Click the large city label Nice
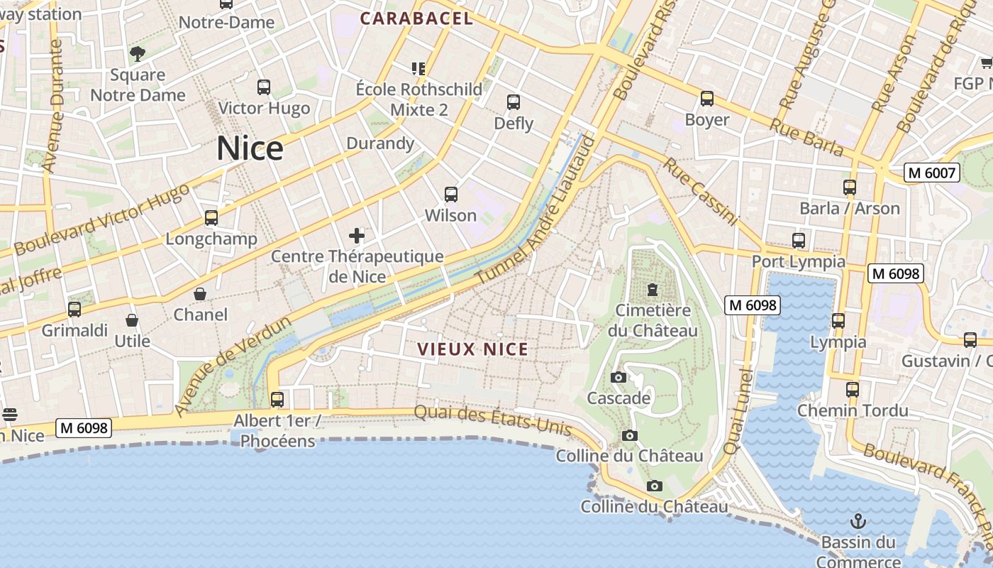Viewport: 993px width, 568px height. (250, 148)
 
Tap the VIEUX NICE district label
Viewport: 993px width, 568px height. (472, 349)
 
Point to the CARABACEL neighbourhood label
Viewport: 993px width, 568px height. (416, 19)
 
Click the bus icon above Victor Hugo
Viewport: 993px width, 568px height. (264, 87)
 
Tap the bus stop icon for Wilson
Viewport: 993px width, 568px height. (450, 194)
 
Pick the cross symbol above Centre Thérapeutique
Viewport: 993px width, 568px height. (357, 236)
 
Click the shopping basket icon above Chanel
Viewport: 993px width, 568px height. (200, 294)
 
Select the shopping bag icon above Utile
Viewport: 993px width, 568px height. (132, 321)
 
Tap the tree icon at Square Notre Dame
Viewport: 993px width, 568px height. (138, 53)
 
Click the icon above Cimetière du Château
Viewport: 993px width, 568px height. (652, 290)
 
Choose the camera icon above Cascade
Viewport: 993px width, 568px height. (618, 377)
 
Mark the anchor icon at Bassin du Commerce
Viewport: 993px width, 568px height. (858, 521)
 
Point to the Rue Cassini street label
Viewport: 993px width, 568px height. (701, 192)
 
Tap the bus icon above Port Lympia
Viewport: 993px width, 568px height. (799, 241)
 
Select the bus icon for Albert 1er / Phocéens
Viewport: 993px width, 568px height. (277, 400)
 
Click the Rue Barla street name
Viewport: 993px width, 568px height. (806, 138)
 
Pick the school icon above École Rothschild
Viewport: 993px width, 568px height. (418, 69)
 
